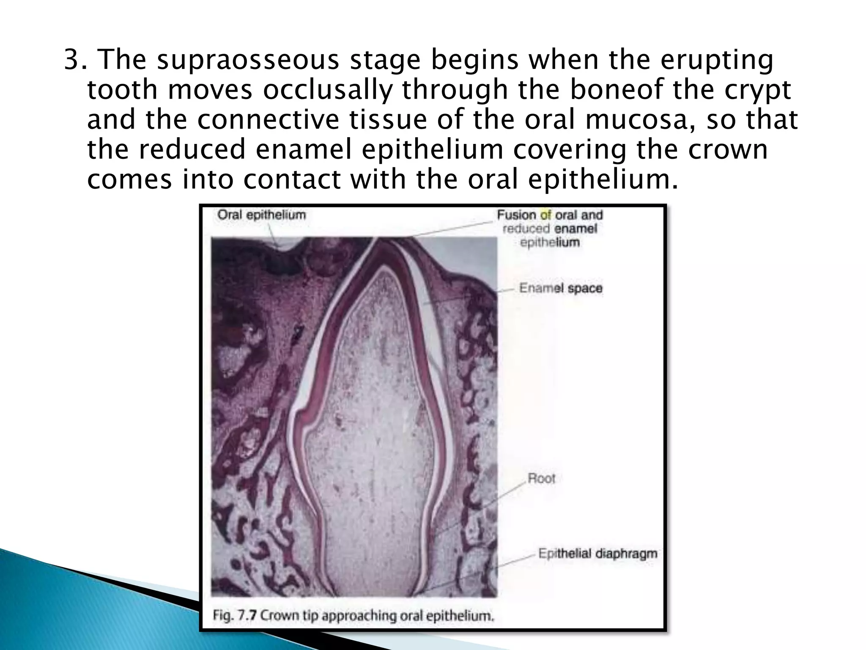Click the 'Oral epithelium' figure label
[x=261, y=215]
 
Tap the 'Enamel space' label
[x=560, y=289]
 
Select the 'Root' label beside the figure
[x=541, y=479]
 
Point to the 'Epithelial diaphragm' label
[x=597, y=554]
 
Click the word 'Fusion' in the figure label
[x=516, y=215]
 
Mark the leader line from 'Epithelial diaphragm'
[x=478, y=571]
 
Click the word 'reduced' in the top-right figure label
[x=526, y=229]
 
